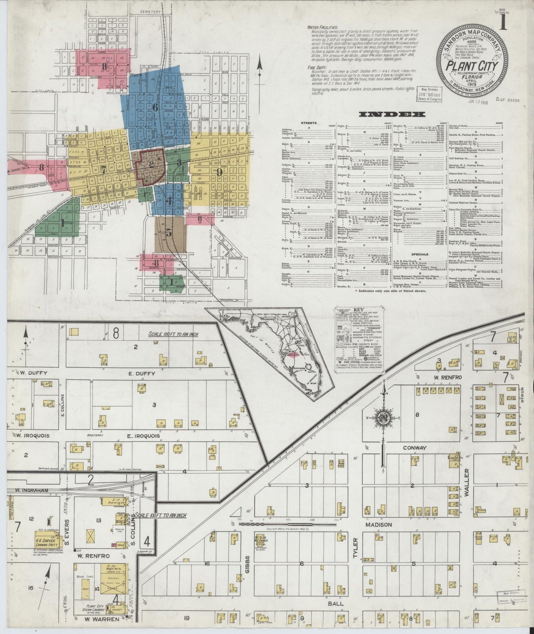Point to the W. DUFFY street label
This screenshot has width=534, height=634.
(33, 373)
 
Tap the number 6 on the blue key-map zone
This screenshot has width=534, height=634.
(155, 107)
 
